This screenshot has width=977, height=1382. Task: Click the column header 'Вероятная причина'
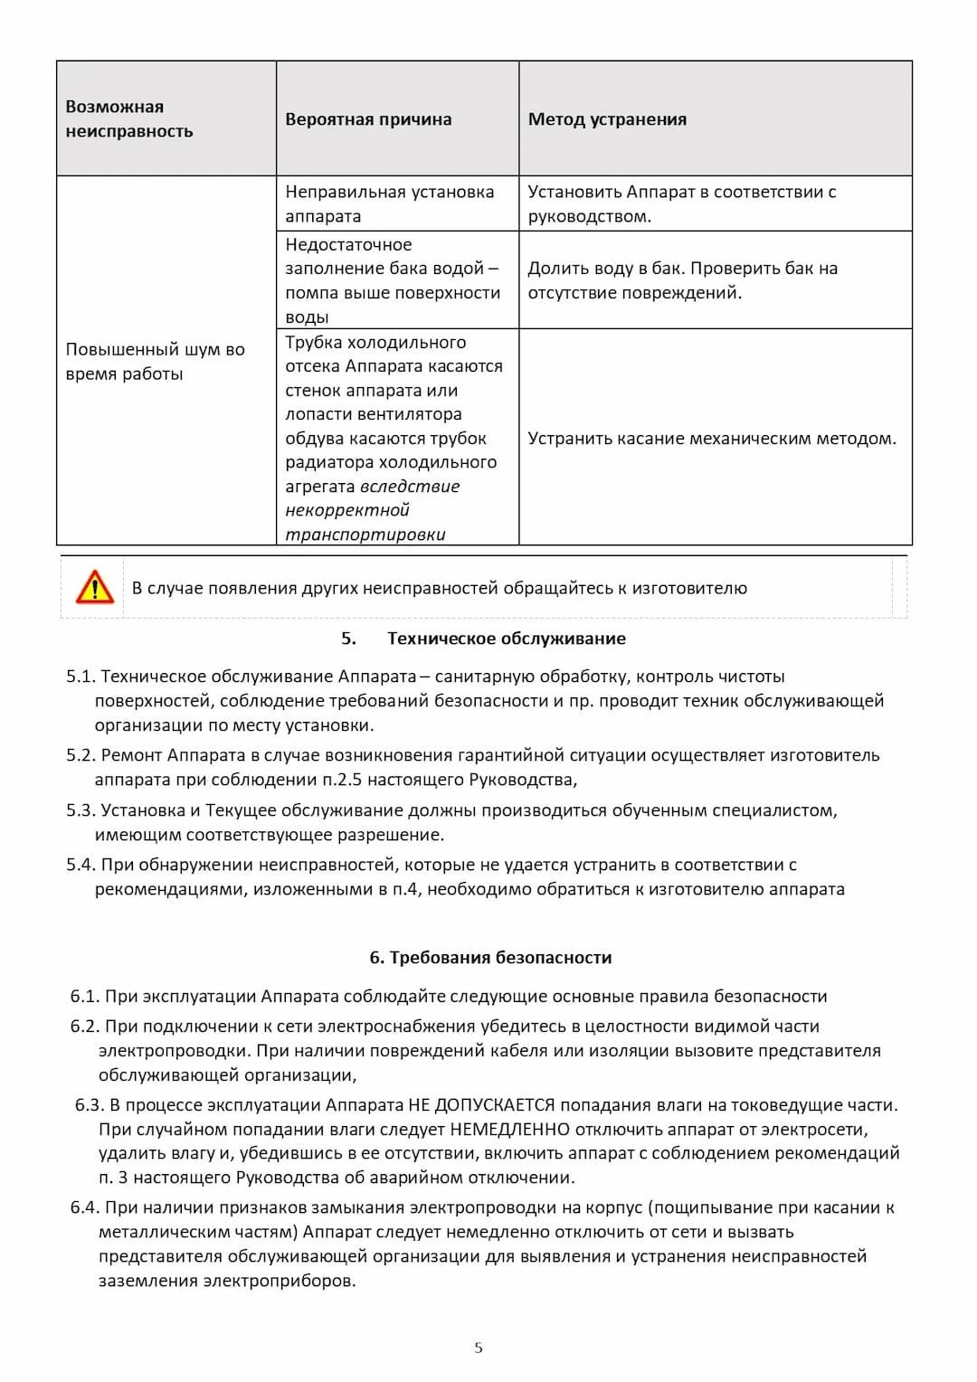368,119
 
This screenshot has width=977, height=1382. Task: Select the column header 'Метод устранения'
607,119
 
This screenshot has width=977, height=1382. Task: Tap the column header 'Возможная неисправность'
129,118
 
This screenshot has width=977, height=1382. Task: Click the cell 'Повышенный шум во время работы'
155,361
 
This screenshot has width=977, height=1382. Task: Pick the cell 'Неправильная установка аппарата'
389,204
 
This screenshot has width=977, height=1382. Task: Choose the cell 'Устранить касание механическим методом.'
712,439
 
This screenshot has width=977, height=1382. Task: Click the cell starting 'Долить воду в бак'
682,280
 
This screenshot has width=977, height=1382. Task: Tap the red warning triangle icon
94,588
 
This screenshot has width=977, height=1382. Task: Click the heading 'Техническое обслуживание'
506,639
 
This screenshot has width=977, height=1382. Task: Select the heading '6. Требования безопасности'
490,958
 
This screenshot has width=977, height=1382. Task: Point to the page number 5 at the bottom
479,1348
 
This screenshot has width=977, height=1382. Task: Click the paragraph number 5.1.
81,677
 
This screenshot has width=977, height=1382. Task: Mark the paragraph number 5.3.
81,810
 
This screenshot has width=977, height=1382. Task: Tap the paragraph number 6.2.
85,1027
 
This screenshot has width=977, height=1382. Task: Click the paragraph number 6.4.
85,1207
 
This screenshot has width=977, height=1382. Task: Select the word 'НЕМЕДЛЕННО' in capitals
509,1130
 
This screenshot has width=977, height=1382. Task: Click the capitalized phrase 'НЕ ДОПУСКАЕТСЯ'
481,1105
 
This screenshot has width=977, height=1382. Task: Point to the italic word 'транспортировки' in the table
365,535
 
